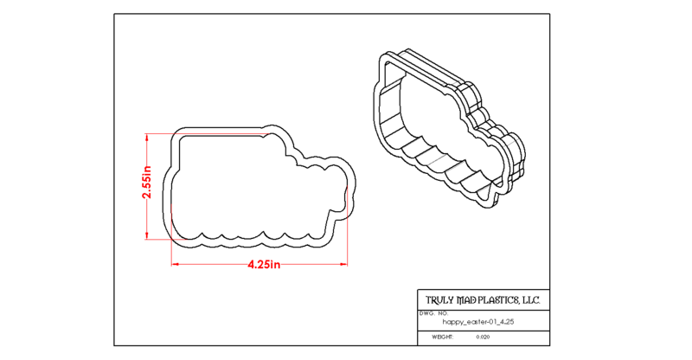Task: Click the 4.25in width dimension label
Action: click(264, 265)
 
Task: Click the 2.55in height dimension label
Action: click(146, 183)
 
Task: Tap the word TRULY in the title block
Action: click(439, 300)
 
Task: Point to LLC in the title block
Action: click(531, 300)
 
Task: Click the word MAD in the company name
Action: click(466, 300)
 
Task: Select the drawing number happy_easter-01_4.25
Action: click(478, 322)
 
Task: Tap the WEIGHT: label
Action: click(443, 337)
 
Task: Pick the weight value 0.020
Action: click(483, 337)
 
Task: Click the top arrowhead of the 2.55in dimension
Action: click(147, 138)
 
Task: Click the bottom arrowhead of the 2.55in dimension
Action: click(147, 235)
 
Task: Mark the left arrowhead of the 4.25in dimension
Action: click(176, 264)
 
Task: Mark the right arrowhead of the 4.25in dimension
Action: click(343, 264)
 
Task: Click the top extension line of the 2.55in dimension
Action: click(208, 134)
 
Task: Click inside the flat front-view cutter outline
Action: click(247, 190)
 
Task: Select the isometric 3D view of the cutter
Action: click(449, 129)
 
